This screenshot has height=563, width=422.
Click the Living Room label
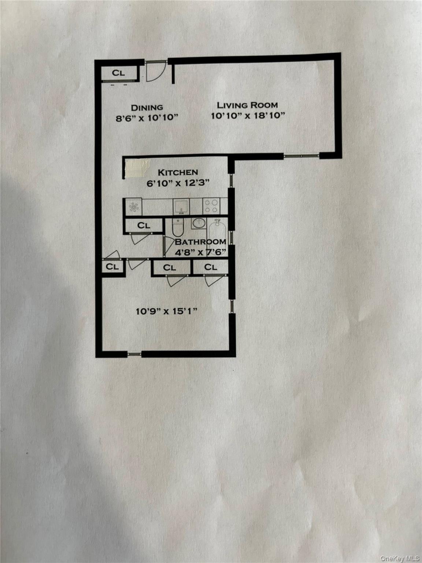point(247,105)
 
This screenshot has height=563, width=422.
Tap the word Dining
point(147,107)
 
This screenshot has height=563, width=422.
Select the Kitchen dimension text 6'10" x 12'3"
point(178,183)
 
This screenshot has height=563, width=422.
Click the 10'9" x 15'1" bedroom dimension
point(167,312)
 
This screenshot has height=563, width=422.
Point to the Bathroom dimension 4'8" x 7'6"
point(200,252)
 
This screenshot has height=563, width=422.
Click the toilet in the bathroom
point(177,227)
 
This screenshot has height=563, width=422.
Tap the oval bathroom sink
point(199,223)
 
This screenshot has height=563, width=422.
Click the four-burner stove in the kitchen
point(211,205)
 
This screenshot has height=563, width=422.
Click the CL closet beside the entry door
point(118,73)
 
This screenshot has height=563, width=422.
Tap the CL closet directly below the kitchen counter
point(144,225)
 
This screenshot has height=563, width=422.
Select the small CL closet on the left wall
point(112,267)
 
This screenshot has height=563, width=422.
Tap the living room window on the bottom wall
point(301,156)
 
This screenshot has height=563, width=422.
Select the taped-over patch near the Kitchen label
point(137,168)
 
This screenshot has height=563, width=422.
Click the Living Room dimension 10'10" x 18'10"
point(248,116)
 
